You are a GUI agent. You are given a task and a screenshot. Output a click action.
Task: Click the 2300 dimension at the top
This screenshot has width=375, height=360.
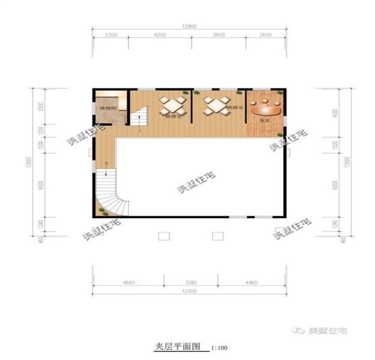pos(110,35)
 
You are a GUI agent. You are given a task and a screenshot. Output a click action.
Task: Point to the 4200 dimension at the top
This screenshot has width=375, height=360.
pos(159,35)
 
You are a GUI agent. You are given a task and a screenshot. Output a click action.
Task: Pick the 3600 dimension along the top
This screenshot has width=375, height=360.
pos(219,35)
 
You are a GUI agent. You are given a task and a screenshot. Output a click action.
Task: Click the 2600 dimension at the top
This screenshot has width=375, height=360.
pos(266,35)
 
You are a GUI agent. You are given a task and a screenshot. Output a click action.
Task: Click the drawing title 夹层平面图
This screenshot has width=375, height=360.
pos(177,347)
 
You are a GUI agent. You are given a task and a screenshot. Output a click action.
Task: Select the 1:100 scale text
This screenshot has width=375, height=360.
pos(219,348)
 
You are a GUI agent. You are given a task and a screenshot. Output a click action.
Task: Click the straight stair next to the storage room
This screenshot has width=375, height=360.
pos(139,117)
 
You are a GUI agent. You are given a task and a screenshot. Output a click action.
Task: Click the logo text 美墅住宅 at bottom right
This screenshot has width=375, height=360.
pos(328,330)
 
